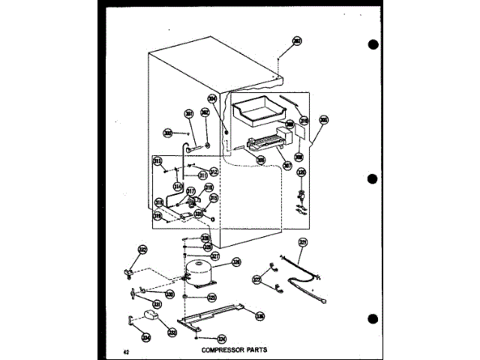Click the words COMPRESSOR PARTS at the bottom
pos(234,349)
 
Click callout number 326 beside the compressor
pos(236,262)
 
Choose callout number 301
pos(188,114)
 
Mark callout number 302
pos(204,112)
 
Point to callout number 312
pos(213,171)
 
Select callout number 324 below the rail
pos(221,338)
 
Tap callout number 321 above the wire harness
pos(304,241)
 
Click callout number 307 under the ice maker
pos(287,164)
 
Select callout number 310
pos(304,119)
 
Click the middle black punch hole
pos(372,179)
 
